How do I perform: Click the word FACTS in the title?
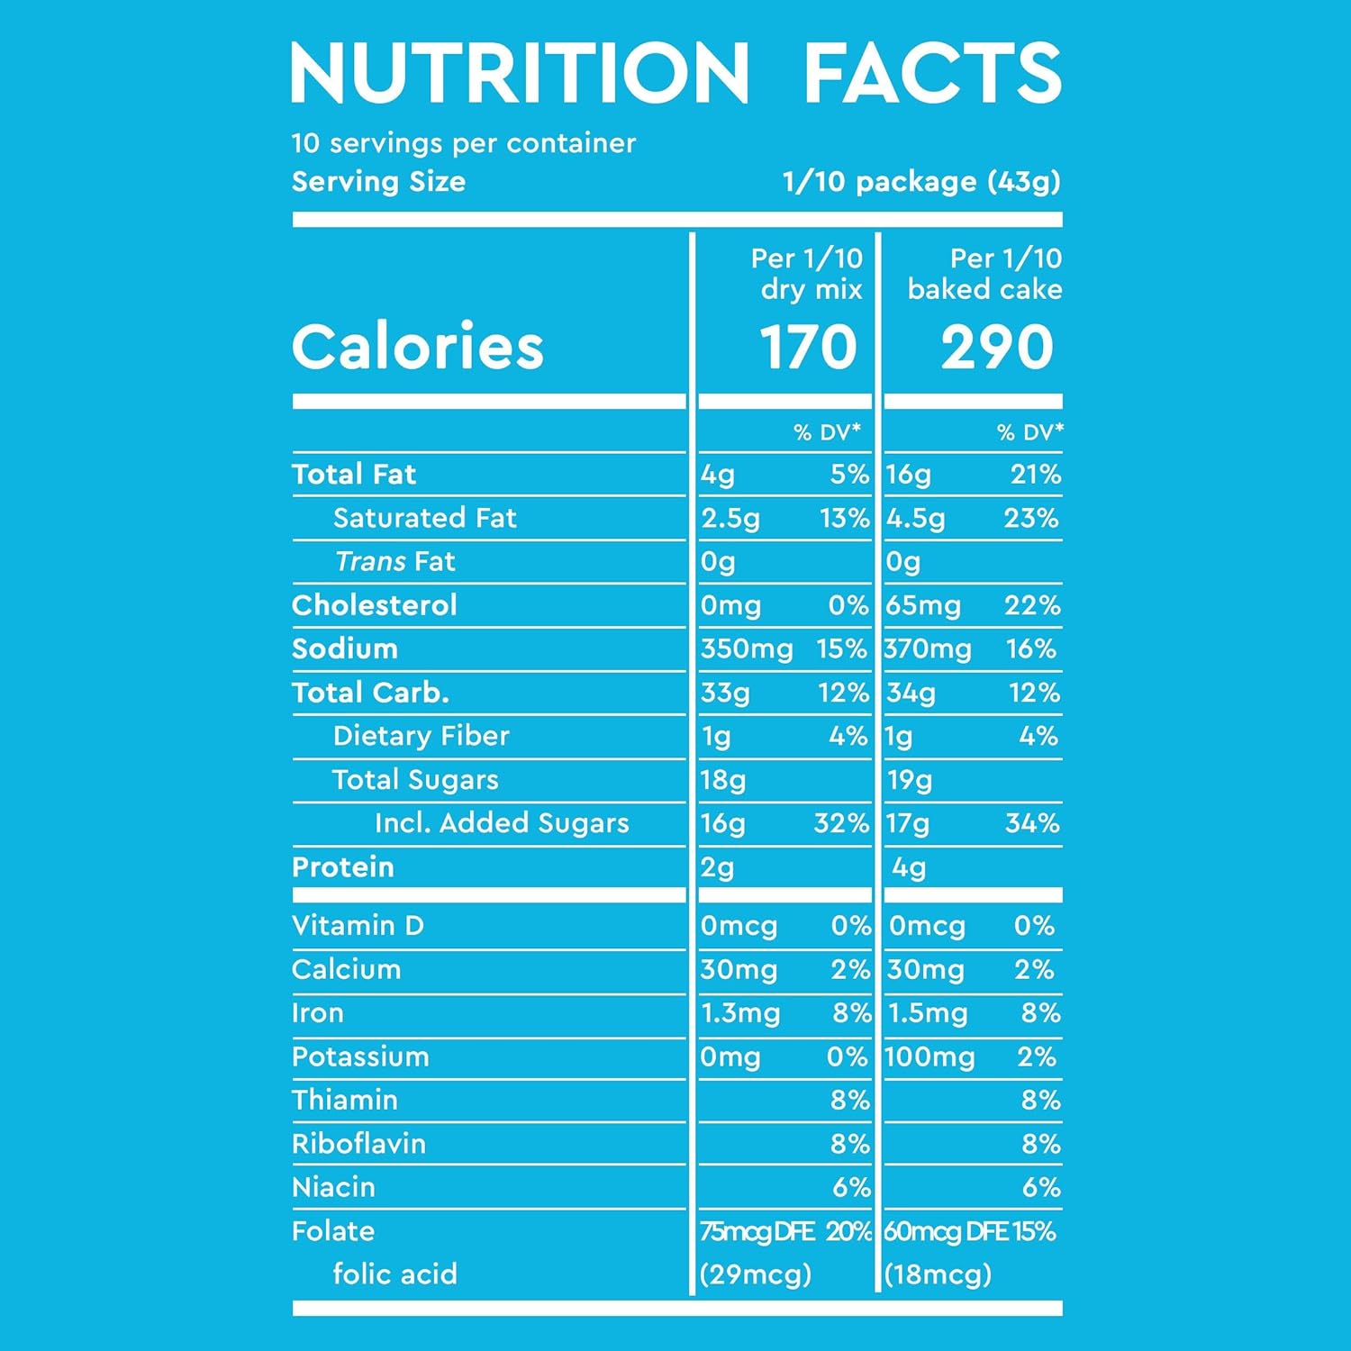pos(932,74)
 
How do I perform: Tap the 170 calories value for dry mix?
pos(808,348)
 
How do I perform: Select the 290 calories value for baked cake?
pos(997,348)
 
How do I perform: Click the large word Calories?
pos(418,348)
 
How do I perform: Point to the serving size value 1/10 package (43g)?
pos(921,182)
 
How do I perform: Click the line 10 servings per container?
pos(463,143)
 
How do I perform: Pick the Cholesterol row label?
pos(375,605)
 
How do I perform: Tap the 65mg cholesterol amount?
pos(923,605)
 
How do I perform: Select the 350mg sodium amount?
pos(747,649)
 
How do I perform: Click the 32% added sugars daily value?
pos(841,823)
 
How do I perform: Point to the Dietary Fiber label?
pos(421,737)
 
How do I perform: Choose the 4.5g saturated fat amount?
pos(916,519)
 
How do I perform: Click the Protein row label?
pos(343,867)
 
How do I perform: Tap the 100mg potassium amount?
pos(929,1056)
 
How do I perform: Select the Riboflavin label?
pos(358,1144)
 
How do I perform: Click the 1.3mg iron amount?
pos(740,1013)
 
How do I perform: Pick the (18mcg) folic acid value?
pos(938,1274)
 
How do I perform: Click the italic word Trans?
pos(370,562)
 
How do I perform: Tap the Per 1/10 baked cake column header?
pos(984,274)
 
